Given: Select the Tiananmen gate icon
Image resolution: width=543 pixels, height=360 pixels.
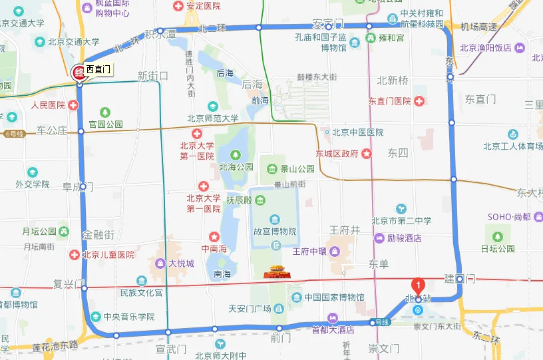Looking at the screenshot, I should (276, 271).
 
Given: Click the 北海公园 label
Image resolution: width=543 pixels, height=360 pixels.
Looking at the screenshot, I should (236, 167).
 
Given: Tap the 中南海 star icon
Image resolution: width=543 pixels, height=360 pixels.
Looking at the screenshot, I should (214, 236).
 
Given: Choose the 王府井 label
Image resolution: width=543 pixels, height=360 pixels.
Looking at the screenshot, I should (345, 230).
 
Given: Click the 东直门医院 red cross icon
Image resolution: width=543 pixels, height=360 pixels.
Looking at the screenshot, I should (419, 101).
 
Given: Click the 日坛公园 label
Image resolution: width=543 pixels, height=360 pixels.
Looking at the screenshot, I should (498, 249).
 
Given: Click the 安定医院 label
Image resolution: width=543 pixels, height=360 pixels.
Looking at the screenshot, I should (202, 6).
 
